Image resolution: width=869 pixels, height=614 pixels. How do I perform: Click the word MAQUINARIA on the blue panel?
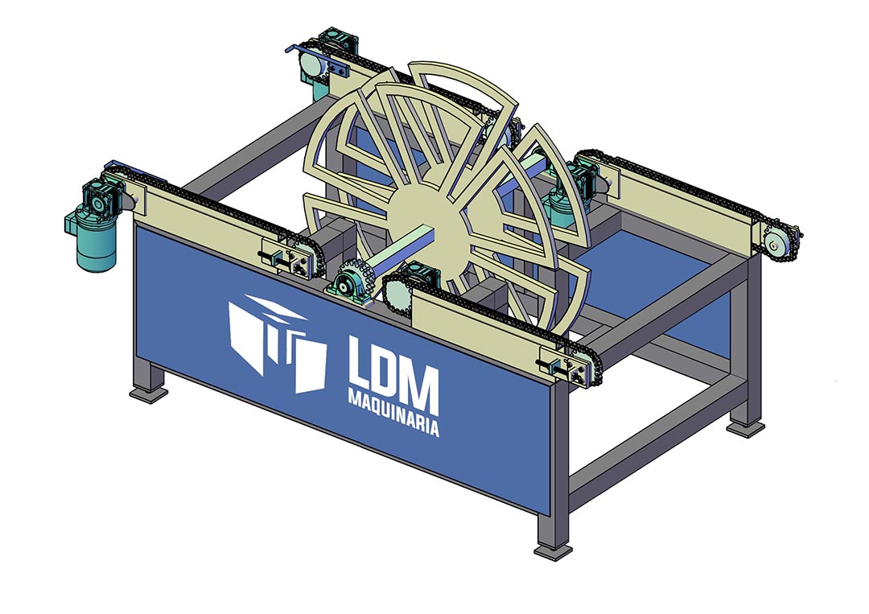click(x=393, y=411)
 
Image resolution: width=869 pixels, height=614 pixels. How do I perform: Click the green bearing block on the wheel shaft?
click(x=349, y=287)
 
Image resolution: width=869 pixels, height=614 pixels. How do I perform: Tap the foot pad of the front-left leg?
click(x=149, y=393)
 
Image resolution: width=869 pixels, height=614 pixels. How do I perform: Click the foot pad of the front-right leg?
click(x=553, y=551)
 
